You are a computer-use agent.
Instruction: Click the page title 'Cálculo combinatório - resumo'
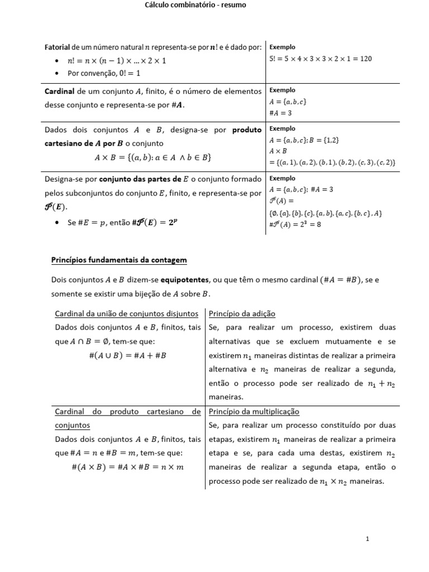tap(188, 5)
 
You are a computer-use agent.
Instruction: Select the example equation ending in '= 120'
tap(321, 59)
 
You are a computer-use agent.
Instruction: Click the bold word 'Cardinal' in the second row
tap(60, 90)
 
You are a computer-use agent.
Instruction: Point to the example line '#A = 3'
tap(281, 113)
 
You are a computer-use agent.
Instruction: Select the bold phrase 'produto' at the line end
tap(247, 130)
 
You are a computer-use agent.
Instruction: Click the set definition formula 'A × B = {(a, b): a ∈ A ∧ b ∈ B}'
tap(152, 158)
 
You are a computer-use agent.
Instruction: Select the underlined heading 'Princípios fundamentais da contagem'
tap(119, 260)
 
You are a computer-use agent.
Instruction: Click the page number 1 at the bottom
tap(367, 539)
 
